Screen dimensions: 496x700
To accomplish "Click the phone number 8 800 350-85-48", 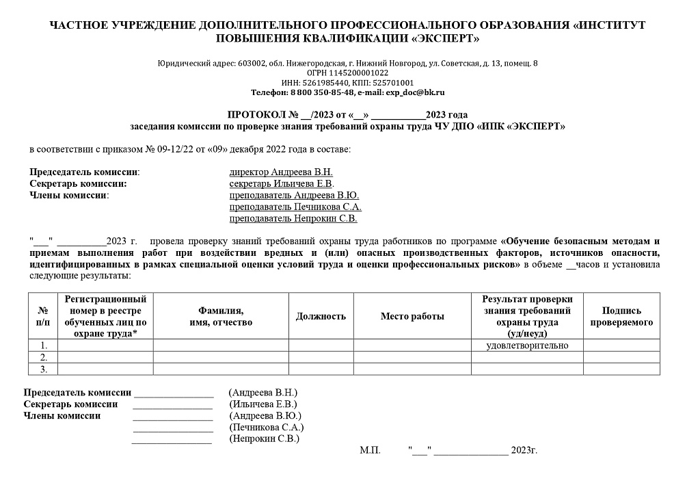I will coord(322,92).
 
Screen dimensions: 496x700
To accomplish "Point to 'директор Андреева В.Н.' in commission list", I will coord(281,172).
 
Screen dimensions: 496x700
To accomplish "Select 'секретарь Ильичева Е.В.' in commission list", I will coord(282,183).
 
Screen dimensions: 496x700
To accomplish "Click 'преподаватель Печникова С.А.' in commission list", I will coord(295,207).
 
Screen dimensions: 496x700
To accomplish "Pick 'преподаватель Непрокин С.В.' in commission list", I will coord(293,219).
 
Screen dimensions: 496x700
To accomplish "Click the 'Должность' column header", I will coord(321,316).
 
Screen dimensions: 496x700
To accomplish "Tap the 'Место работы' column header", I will coord(412,316).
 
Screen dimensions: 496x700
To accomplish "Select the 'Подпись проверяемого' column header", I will coord(621,316).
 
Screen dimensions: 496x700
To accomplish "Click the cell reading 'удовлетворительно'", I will coord(527,345).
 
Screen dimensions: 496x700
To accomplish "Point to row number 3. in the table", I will coord(44,369).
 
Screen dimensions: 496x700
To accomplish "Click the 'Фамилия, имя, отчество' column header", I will coord(221,316).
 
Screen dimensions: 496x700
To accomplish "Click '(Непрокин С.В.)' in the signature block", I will coord(265,439).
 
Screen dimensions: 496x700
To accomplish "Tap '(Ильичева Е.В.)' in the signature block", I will coord(263,404).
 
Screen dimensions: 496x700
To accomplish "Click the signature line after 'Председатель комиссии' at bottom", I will coord(174,395).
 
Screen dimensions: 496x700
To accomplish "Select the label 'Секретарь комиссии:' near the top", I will coord(79,183).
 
